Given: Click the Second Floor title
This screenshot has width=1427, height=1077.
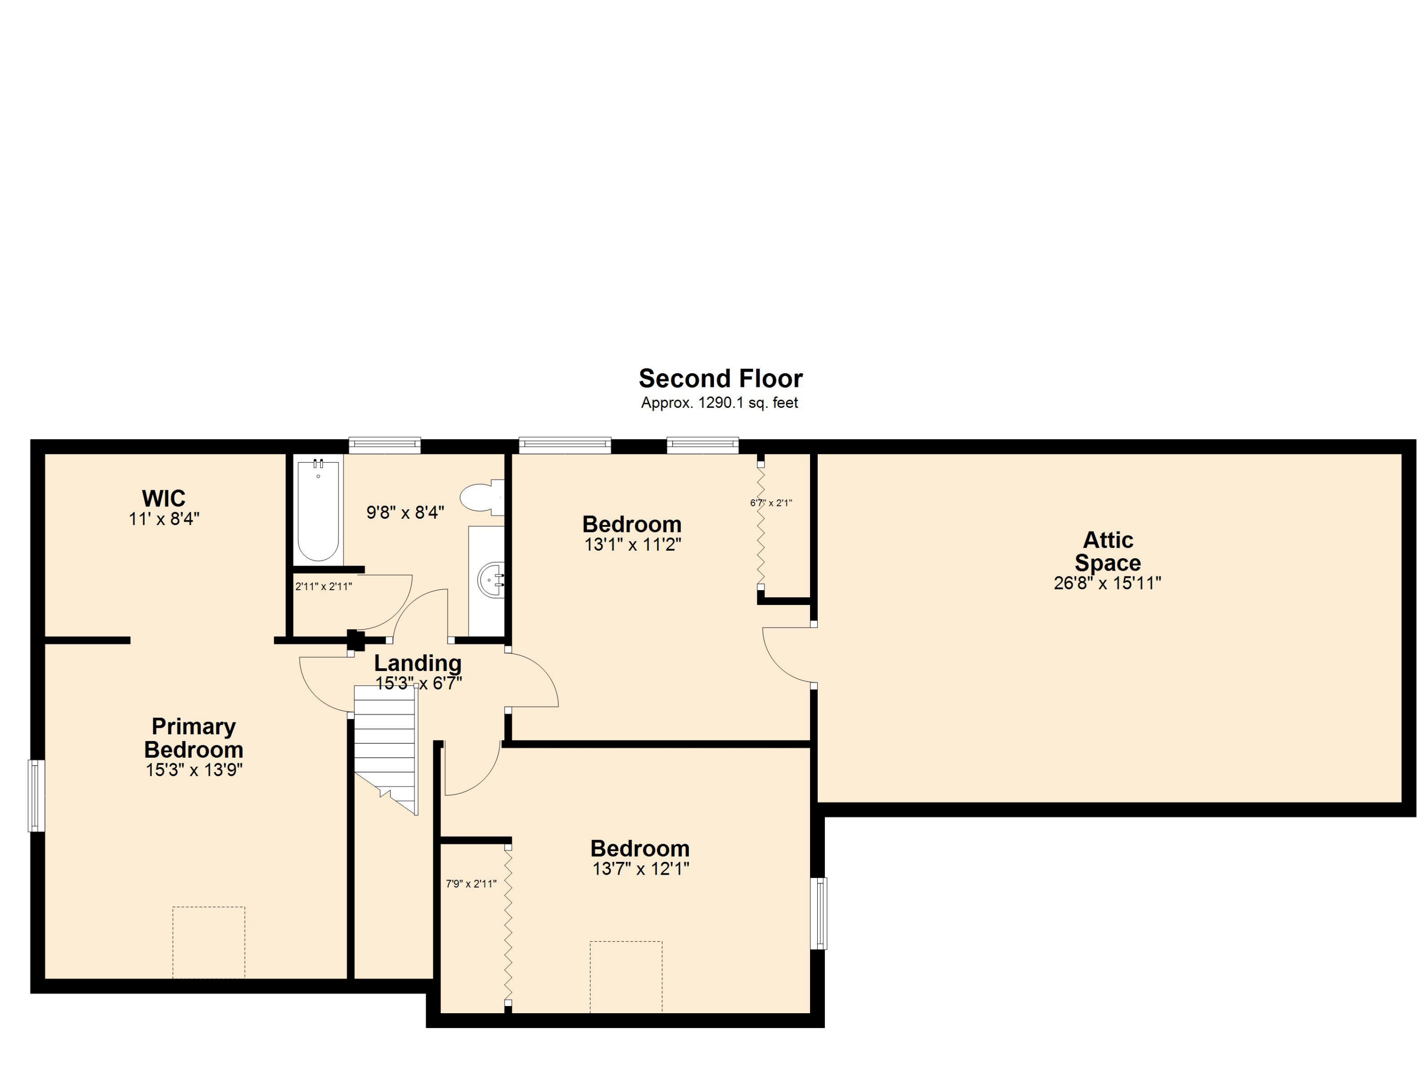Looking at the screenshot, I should coord(721,378).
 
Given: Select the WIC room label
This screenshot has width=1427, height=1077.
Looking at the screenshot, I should coord(164,498).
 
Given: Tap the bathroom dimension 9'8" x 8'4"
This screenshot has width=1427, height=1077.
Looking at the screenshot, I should coord(405,513).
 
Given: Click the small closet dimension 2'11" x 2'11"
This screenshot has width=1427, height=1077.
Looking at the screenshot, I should coord(323,587).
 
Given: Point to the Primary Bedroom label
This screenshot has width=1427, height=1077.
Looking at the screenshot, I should coord(194,738).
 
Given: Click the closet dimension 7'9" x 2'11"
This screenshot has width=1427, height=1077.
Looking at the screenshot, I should coord(471,884).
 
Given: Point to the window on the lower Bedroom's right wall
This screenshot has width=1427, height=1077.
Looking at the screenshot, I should coord(818,913).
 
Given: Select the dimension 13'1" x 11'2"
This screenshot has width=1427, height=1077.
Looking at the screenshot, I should coord(632,544).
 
